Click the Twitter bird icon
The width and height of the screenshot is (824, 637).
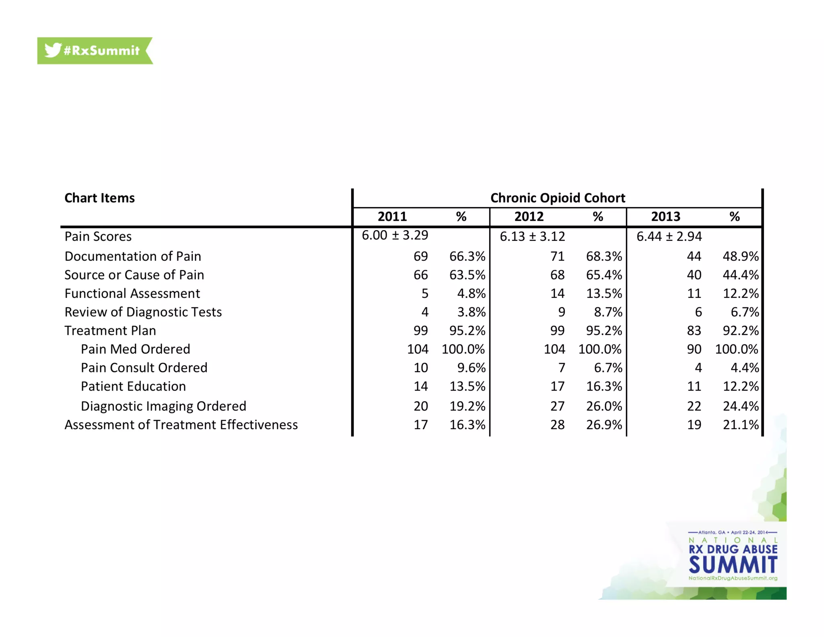click(x=53, y=50)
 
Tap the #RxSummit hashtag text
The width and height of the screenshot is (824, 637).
click(x=101, y=51)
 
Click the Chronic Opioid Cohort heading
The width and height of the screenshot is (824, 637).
click(x=558, y=198)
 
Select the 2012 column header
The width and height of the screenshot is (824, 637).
click(x=529, y=217)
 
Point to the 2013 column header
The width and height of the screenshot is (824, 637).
click(x=665, y=217)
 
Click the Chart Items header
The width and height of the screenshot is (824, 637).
click(x=99, y=198)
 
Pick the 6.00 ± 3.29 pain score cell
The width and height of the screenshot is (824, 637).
click(x=395, y=235)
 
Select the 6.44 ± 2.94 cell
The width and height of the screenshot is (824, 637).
click(x=669, y=236)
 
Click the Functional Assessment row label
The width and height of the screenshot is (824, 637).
click(x=132, y=293)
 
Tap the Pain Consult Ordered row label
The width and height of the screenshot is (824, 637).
click(x=144, y=368)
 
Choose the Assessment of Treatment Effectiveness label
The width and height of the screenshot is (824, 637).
click(x=181, y=425)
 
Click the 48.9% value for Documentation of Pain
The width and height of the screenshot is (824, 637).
click(x=740, y=256)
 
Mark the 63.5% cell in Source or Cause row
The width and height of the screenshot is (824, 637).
click(x=467, y=275)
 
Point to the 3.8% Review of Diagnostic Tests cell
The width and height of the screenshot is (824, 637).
click(x=471, y=312)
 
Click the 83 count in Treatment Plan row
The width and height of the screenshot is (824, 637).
click(x=694, y=331)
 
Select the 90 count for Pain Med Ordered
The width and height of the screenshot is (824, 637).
click(x=694, y=349)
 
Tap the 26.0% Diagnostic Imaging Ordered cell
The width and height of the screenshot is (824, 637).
click(x=604, y=406)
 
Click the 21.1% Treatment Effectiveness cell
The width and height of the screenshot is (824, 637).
click(x=740, y=425)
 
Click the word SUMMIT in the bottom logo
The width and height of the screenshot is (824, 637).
click(x=733, y=565)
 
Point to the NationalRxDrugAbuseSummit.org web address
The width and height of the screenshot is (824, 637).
click(x=733, y=578)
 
